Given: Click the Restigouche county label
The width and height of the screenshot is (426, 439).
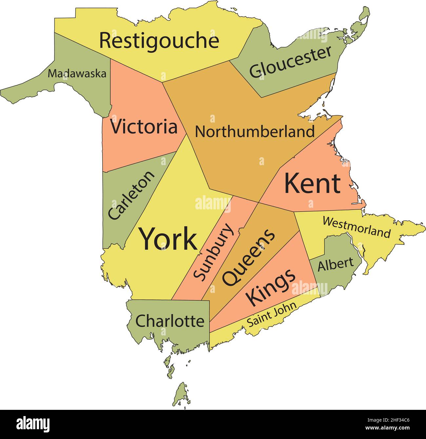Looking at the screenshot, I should click(x=159, y=41).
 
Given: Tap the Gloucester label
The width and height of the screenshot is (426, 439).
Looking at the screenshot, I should click(x=290, y=62).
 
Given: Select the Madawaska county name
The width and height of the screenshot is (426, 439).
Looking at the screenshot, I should click(x=77, y=74).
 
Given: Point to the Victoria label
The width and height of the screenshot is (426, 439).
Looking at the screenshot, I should click(x=144, y=127).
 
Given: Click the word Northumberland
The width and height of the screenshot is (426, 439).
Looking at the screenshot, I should click(x=255, y=132).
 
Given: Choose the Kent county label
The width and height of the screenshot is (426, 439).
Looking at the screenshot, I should click(x=312, y=184).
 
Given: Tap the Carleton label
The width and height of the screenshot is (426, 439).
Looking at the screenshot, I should click(x=131, y=195).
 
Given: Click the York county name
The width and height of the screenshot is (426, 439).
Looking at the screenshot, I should click(x=169, y=239).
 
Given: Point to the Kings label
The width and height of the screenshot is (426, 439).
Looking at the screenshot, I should click(x=271, y=287).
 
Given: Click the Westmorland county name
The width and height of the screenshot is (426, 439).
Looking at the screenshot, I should click(x=357, y=227).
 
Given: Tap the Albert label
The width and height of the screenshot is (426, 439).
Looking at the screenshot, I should click(x=336, y=264).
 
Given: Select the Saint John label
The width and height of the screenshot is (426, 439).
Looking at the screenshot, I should click(x=271, y=315).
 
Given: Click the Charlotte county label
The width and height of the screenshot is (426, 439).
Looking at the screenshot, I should click(x=170, y=321).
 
